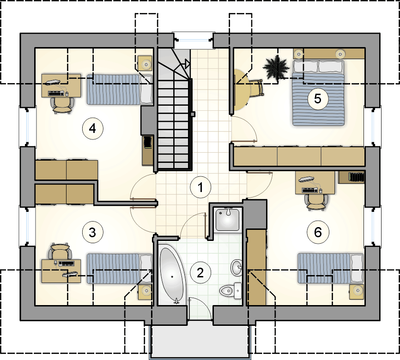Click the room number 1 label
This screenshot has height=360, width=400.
[x=200, y=187]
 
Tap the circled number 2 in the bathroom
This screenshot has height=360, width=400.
[x=200, y=273]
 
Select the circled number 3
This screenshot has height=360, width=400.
[x=92, y=232]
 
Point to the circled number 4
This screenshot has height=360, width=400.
[x=92, y=128]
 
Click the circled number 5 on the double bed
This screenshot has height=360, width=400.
[x=318, y=99]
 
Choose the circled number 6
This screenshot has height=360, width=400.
[x=318, y=232]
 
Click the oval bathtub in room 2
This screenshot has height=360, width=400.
[x=172, y=275]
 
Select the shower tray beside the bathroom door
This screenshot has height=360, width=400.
[x=228, y=220]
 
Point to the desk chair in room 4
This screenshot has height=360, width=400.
[x=62, y=105]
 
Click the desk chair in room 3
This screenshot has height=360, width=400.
[x=60, y=251]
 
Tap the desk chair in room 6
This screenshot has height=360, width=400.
[x=316, y=202]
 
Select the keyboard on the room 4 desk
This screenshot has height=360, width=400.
[x=56, y=94]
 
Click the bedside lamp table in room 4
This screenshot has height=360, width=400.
[x=145, y=63]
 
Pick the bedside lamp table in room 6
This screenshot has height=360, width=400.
[x=356, y=292]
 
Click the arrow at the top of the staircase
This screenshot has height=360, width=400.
[x=187, y=63]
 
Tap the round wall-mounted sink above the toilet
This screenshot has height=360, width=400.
[x=237, y=267]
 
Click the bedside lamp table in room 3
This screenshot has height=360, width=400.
[x=145, y=292]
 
